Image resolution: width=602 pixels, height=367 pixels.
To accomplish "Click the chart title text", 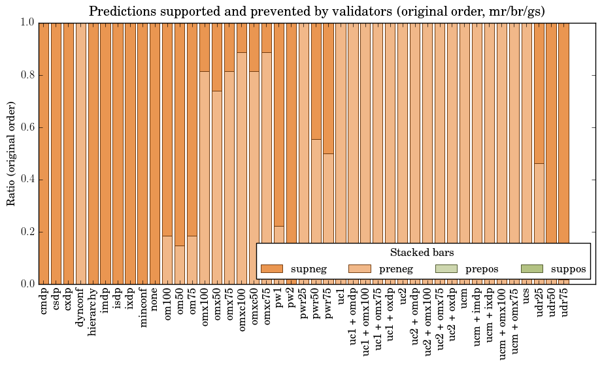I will point(317,11).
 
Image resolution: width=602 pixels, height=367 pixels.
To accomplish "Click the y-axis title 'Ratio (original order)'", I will point(11,153).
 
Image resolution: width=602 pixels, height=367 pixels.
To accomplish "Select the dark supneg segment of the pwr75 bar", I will point(329,88).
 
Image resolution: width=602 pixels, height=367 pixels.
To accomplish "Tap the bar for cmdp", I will point(44,153).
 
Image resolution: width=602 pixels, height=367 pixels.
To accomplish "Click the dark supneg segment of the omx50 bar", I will point(217,57).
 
